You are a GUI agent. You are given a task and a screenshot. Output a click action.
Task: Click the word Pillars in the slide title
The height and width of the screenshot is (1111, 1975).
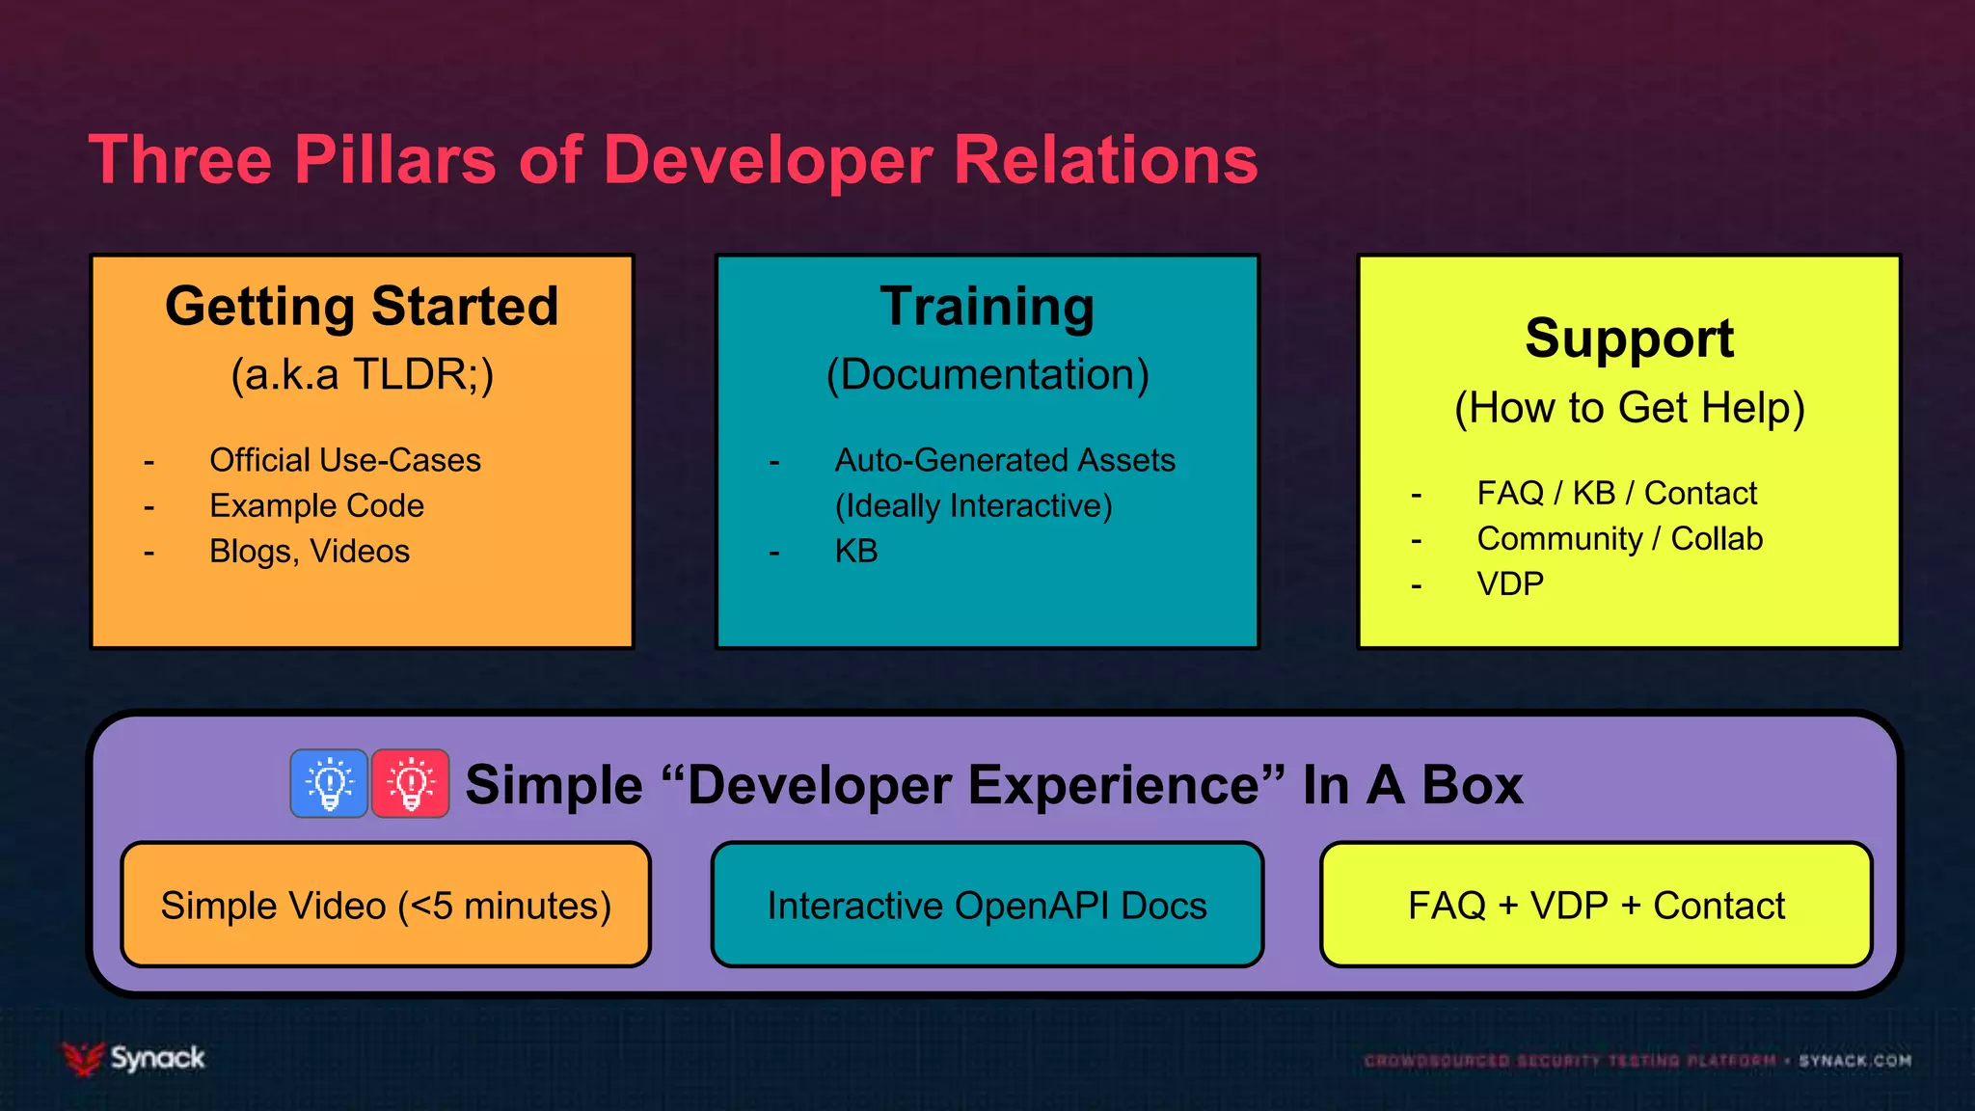(394, 160)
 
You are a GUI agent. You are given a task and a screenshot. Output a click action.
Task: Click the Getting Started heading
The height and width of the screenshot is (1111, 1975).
(362, 307)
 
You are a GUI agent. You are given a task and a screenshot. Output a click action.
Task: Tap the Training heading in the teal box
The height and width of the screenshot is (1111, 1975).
(987, 307)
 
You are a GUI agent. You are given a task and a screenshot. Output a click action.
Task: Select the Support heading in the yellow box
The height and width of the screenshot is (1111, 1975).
(1629, 339)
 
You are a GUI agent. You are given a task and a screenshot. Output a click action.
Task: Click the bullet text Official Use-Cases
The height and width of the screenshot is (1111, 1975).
(344, 460)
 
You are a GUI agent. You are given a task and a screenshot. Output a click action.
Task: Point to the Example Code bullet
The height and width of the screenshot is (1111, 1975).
(316, 505)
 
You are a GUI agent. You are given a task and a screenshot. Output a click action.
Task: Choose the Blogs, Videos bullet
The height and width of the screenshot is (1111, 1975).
(309, 551)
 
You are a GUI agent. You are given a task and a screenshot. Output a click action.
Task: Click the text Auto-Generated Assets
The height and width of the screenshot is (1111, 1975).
(1004, 460)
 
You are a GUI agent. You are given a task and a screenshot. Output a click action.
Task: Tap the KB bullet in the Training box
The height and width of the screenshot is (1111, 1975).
(855, 551)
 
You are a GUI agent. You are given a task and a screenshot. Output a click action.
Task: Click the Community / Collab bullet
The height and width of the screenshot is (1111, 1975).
(1619, 538)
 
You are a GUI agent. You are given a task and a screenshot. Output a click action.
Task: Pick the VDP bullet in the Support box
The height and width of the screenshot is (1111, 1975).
(1509, 583)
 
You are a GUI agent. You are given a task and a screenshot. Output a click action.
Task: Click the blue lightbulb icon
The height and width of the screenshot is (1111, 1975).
(329, 783)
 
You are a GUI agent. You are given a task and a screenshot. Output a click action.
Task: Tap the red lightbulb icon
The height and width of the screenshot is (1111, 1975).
(411, 783)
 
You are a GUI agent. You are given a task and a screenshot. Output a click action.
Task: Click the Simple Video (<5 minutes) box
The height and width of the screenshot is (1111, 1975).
(386, 905)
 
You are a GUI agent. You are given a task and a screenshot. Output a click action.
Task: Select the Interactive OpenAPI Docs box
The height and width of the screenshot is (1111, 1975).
(987, 905)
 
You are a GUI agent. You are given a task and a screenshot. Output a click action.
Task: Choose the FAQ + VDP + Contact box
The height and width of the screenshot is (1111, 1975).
(1596, 905)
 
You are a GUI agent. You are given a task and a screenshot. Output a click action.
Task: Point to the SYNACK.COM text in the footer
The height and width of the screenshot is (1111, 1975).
(1854, 1061)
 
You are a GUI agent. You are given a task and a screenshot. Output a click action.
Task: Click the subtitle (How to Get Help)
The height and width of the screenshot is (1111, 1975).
(1629, 408)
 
